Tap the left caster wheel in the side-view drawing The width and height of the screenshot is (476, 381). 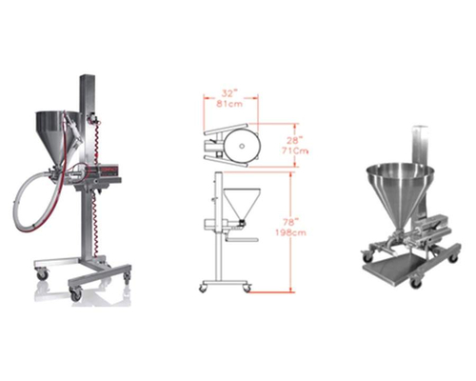(x=203, y=286)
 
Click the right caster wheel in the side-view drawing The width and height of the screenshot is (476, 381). (x=247, y=286)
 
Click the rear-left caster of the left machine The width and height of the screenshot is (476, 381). (x=42, y=274)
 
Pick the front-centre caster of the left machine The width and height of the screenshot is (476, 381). (x=75, y=294)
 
